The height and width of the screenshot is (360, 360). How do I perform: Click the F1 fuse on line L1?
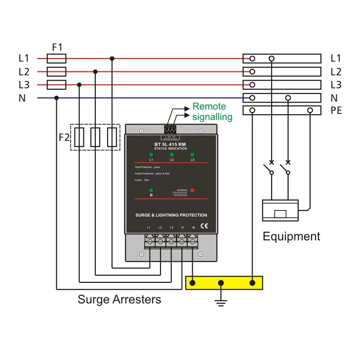coord(57,58)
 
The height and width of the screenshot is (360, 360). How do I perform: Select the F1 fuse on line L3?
coord(57,85)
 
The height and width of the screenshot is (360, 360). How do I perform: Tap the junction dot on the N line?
coord(56,98)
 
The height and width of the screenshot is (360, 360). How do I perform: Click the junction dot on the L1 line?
coord(112,58)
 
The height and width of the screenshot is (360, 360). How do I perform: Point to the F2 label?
coord(64,137)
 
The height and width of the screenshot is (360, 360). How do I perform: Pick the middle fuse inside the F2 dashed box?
coord(95,137)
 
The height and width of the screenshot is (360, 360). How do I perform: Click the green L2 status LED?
coord(172,155)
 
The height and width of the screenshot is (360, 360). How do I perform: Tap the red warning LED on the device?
coord(192,190)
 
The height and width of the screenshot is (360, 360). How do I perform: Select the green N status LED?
coord(151,190)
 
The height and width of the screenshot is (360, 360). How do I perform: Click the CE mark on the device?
coord(204,226)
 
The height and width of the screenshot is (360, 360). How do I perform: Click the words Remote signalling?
coord(212,111)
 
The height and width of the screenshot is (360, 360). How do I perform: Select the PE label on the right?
coord(336,111)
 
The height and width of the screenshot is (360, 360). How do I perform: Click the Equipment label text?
coord(291,236)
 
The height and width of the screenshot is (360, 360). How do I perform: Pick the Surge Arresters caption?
coord(119,299)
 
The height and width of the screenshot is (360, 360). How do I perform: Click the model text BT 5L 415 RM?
coord(170,145)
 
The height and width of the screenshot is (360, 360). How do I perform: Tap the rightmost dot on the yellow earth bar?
coord(253,283)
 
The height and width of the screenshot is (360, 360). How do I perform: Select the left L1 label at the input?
coord(24,58)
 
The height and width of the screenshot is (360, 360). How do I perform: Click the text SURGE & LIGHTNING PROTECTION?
coord(171,215)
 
